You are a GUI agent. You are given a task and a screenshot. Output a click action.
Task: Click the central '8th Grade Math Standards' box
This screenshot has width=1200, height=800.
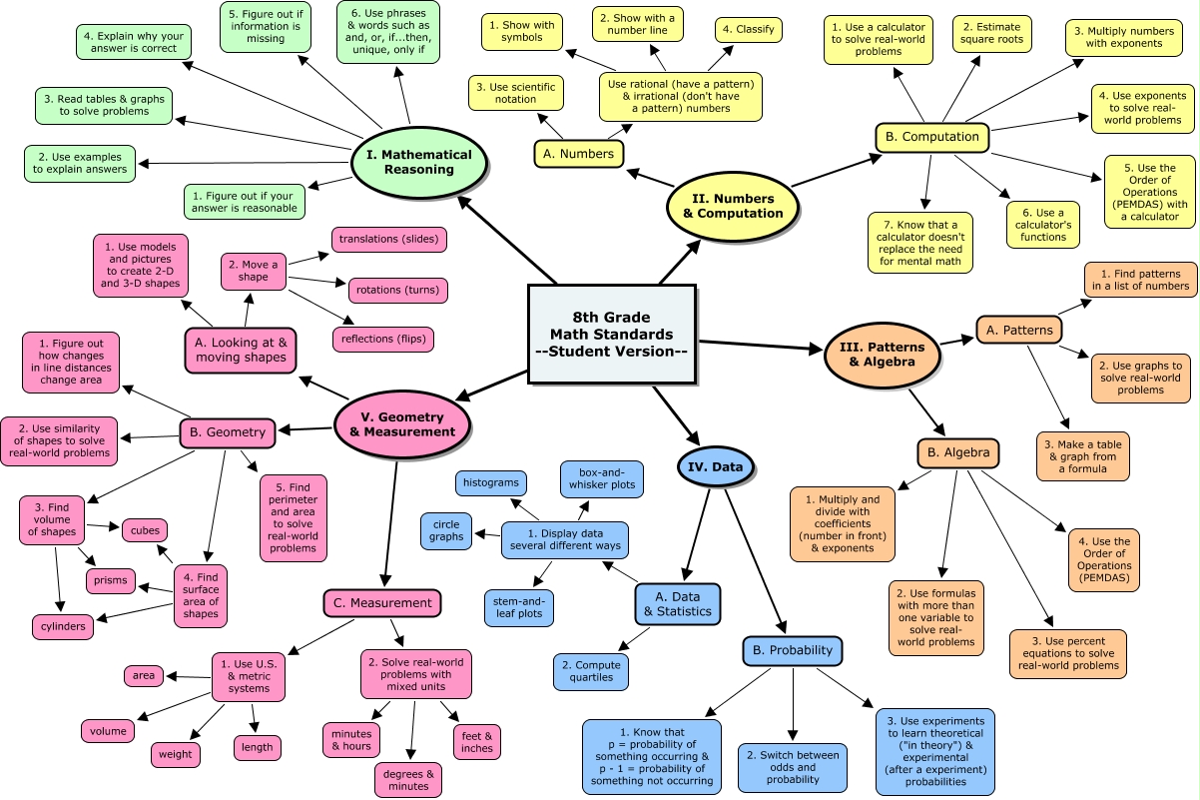click(611, 335)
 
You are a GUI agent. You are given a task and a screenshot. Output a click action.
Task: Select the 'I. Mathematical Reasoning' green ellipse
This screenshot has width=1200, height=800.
click(418, 162)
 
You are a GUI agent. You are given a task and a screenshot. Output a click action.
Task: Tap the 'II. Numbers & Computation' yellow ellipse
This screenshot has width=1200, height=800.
click(733, 206)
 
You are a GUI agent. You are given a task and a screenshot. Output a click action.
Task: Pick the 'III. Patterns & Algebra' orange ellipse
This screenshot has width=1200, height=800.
click(882, 355)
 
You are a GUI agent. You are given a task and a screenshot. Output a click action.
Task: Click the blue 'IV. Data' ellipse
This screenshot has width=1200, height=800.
click(716, 464)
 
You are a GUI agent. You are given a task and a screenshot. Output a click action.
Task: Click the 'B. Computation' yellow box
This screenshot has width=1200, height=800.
click(932, 138)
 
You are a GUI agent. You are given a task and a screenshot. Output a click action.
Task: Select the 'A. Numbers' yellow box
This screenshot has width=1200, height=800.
click(579, 154)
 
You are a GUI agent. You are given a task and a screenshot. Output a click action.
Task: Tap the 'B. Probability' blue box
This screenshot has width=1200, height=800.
click(793, 650)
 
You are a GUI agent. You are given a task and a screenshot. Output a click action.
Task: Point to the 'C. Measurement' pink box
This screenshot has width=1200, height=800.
click(382, 603)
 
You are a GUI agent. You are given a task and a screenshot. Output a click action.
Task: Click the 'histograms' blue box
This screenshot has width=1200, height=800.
click(489, 483)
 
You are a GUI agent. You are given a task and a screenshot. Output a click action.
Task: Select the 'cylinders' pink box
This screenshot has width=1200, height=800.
click(63, 627)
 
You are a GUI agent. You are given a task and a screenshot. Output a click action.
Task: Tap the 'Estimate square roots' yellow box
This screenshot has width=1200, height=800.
click(992, 36)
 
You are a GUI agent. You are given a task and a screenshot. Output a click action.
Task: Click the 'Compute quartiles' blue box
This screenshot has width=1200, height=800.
click(591, 672)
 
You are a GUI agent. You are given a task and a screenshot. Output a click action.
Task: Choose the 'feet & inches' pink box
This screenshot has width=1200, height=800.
click(477, 742)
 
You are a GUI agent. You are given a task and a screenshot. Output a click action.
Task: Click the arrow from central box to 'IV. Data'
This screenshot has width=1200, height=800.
click(675, 414)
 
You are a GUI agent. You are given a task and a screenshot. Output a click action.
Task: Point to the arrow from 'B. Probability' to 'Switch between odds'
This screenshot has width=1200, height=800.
click(793, 704)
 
